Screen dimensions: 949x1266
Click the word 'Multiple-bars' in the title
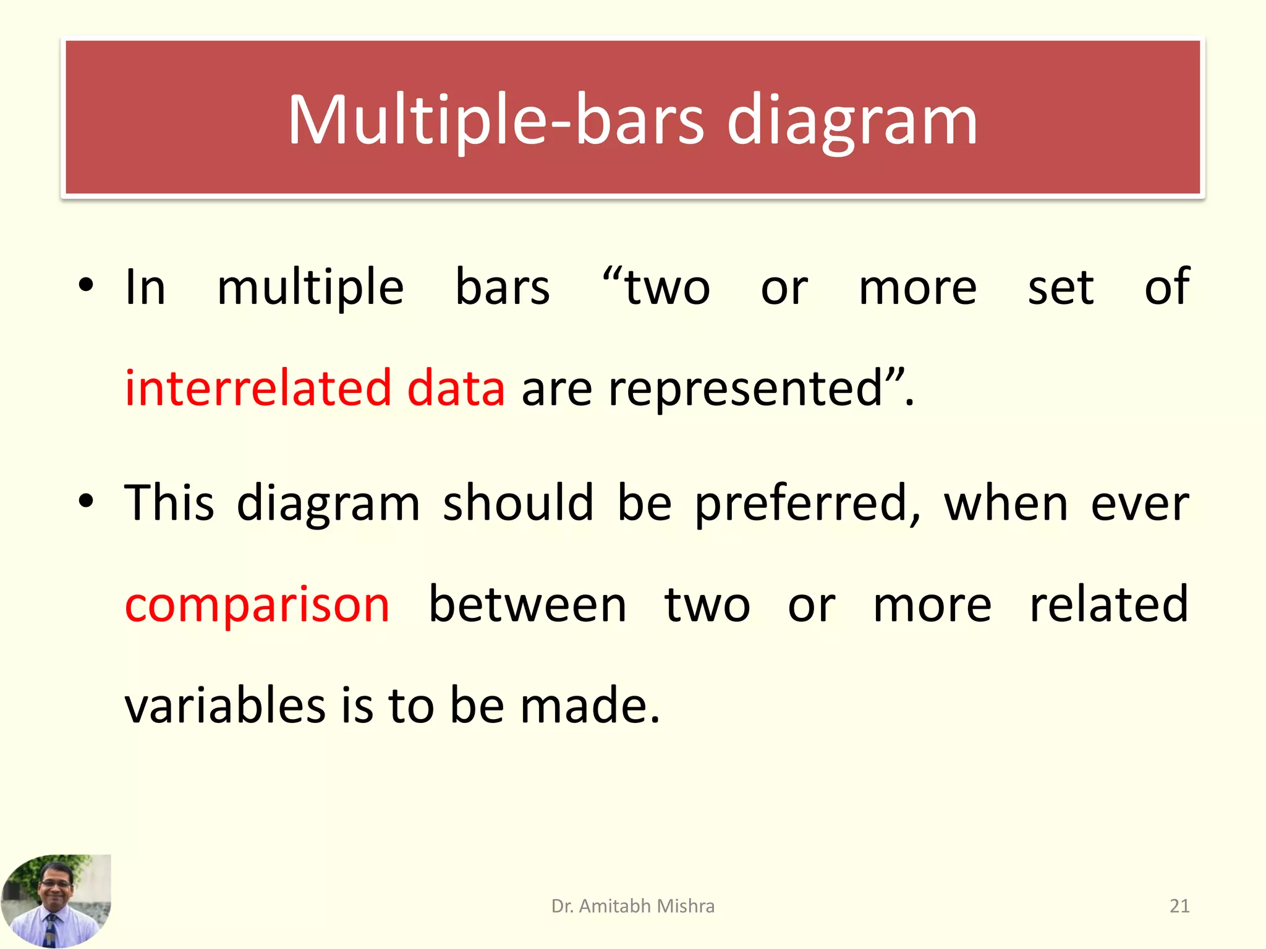495,120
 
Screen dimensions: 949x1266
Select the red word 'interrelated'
258,389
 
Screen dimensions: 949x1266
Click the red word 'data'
456,389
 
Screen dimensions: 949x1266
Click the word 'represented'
746,389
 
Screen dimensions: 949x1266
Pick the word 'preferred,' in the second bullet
807,504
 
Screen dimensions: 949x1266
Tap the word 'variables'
224,705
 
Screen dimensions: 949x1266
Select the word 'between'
527,604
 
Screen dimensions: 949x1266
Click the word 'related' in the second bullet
1108,604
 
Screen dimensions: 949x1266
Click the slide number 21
1179,906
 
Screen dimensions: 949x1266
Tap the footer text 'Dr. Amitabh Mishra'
632,906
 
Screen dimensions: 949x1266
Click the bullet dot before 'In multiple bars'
86,285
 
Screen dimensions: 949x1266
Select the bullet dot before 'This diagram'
86,501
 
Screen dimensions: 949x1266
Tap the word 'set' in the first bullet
1060,288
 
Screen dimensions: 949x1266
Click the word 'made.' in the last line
590,705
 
